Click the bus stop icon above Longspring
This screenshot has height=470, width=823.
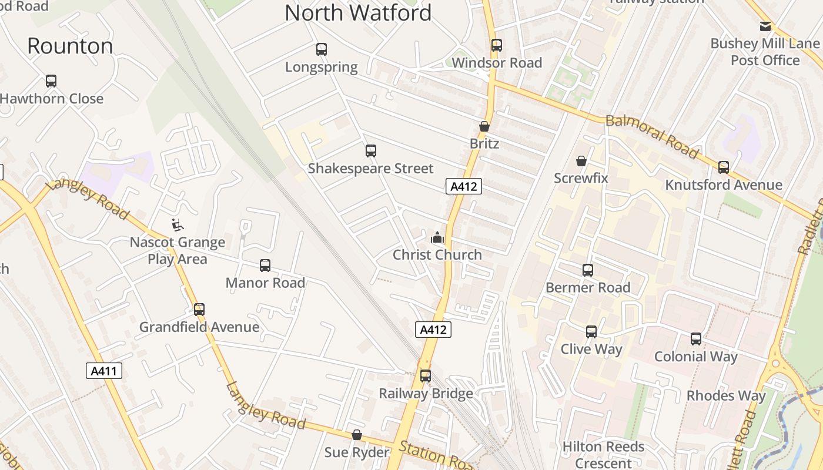[x=321, y=49]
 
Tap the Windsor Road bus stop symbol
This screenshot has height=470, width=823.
[x=497, y=45]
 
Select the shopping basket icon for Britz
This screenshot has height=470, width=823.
[x=484, y=126]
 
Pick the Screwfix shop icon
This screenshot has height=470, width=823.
[x=581, y=161]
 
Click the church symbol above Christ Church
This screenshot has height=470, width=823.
[x=437, y=237]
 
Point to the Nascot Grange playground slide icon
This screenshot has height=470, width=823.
[x=176, y=224]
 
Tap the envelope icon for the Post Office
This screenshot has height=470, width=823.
[x=765, y=26]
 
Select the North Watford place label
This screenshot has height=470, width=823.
[x=358, y=13]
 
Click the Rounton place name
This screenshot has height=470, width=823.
[x=70, y=46]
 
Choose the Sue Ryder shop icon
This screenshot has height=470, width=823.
[x=357, y=435]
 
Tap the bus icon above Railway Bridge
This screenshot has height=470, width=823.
[x=426, y=375]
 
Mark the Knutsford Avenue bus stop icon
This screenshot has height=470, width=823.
[x=724, y=167]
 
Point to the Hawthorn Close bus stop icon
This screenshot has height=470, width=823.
[x=51, y=81]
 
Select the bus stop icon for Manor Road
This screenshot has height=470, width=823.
[x=265, y=266]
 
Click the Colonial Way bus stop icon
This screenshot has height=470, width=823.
[x=696, y=339]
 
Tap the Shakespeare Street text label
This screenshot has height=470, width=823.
[x=370, y=169]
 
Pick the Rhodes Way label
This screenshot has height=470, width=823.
[x=726, y=395]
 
